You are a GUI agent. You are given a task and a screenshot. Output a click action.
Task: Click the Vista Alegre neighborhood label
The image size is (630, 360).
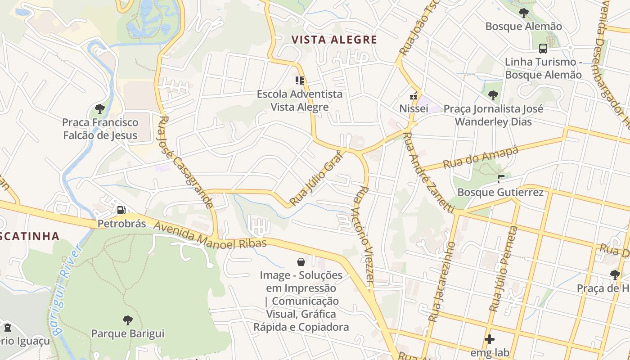coord(334,40)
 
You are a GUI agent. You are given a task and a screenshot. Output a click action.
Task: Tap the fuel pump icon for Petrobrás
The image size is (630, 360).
coord(121,210)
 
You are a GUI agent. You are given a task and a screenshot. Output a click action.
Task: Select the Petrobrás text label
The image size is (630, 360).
coord(121,223)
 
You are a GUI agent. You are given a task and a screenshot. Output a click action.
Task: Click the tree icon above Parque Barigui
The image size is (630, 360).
coord(128,320)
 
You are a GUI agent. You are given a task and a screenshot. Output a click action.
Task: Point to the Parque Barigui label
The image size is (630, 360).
coord(128,333)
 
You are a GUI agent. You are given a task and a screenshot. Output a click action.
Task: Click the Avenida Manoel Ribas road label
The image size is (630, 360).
coord(211,236)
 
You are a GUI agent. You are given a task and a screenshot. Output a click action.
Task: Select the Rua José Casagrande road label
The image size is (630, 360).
coord(186,162)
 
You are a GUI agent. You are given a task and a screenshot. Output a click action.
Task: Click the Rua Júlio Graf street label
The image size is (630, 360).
coord(316,178)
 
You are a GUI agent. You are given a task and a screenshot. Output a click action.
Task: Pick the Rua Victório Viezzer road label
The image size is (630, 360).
coord(364,234)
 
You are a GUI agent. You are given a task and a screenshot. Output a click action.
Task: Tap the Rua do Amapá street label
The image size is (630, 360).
coord(481,157)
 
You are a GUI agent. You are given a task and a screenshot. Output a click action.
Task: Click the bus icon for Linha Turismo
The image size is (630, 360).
coord(543,48)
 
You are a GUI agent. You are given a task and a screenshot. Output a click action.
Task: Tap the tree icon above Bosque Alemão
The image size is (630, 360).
coord(523,13)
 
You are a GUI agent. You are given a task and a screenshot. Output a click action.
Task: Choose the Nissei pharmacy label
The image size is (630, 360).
coord(414,108)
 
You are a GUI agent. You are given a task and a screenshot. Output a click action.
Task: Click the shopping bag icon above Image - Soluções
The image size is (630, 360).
coord(301,261)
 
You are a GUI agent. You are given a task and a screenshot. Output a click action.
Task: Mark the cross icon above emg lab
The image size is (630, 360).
coord(490,339)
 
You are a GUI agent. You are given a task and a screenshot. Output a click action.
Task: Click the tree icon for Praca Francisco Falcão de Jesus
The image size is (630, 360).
coord(100,108)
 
